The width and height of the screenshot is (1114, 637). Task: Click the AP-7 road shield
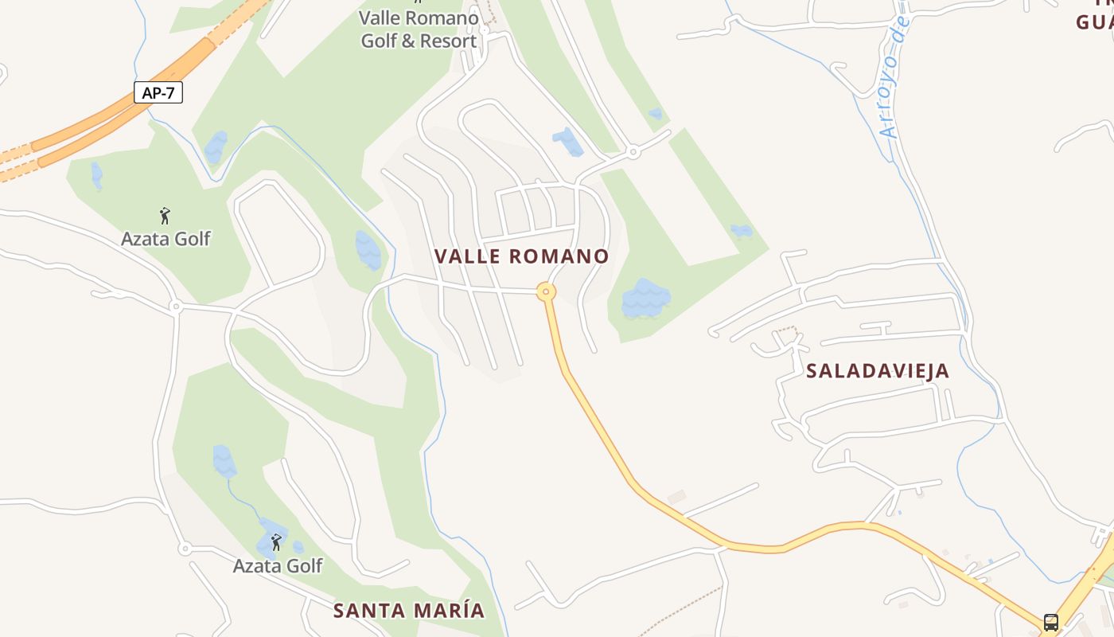click(x=158, y=92)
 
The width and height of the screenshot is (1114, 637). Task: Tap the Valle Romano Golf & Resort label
click(x=419, y=29)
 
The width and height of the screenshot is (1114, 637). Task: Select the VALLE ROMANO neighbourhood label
click(x=521, y=256)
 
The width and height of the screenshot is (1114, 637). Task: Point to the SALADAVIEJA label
click(x=878, y=370)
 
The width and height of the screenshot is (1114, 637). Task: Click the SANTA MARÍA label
click(x=409, y=611)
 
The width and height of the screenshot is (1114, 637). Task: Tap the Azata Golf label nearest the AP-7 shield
click(x=166, y=238)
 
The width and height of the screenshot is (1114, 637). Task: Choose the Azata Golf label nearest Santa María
click(x=278, y=565)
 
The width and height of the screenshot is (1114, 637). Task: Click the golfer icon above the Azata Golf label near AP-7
click(x=165, y=215)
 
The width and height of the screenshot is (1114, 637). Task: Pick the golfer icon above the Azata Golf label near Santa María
click(x=276, y=542)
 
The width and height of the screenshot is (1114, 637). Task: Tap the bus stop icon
click(x=1051, y=622)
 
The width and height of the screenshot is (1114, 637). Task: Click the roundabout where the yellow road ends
click(x=546, y=291)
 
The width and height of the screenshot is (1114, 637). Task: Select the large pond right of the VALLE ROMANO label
click(x=645, y=299)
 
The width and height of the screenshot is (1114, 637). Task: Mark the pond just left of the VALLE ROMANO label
click(x=368, y=250)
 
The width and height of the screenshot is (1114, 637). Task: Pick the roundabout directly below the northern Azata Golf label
click(x=176, y=306)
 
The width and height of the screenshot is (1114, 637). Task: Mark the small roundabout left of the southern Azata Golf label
click(x=185, y=548)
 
